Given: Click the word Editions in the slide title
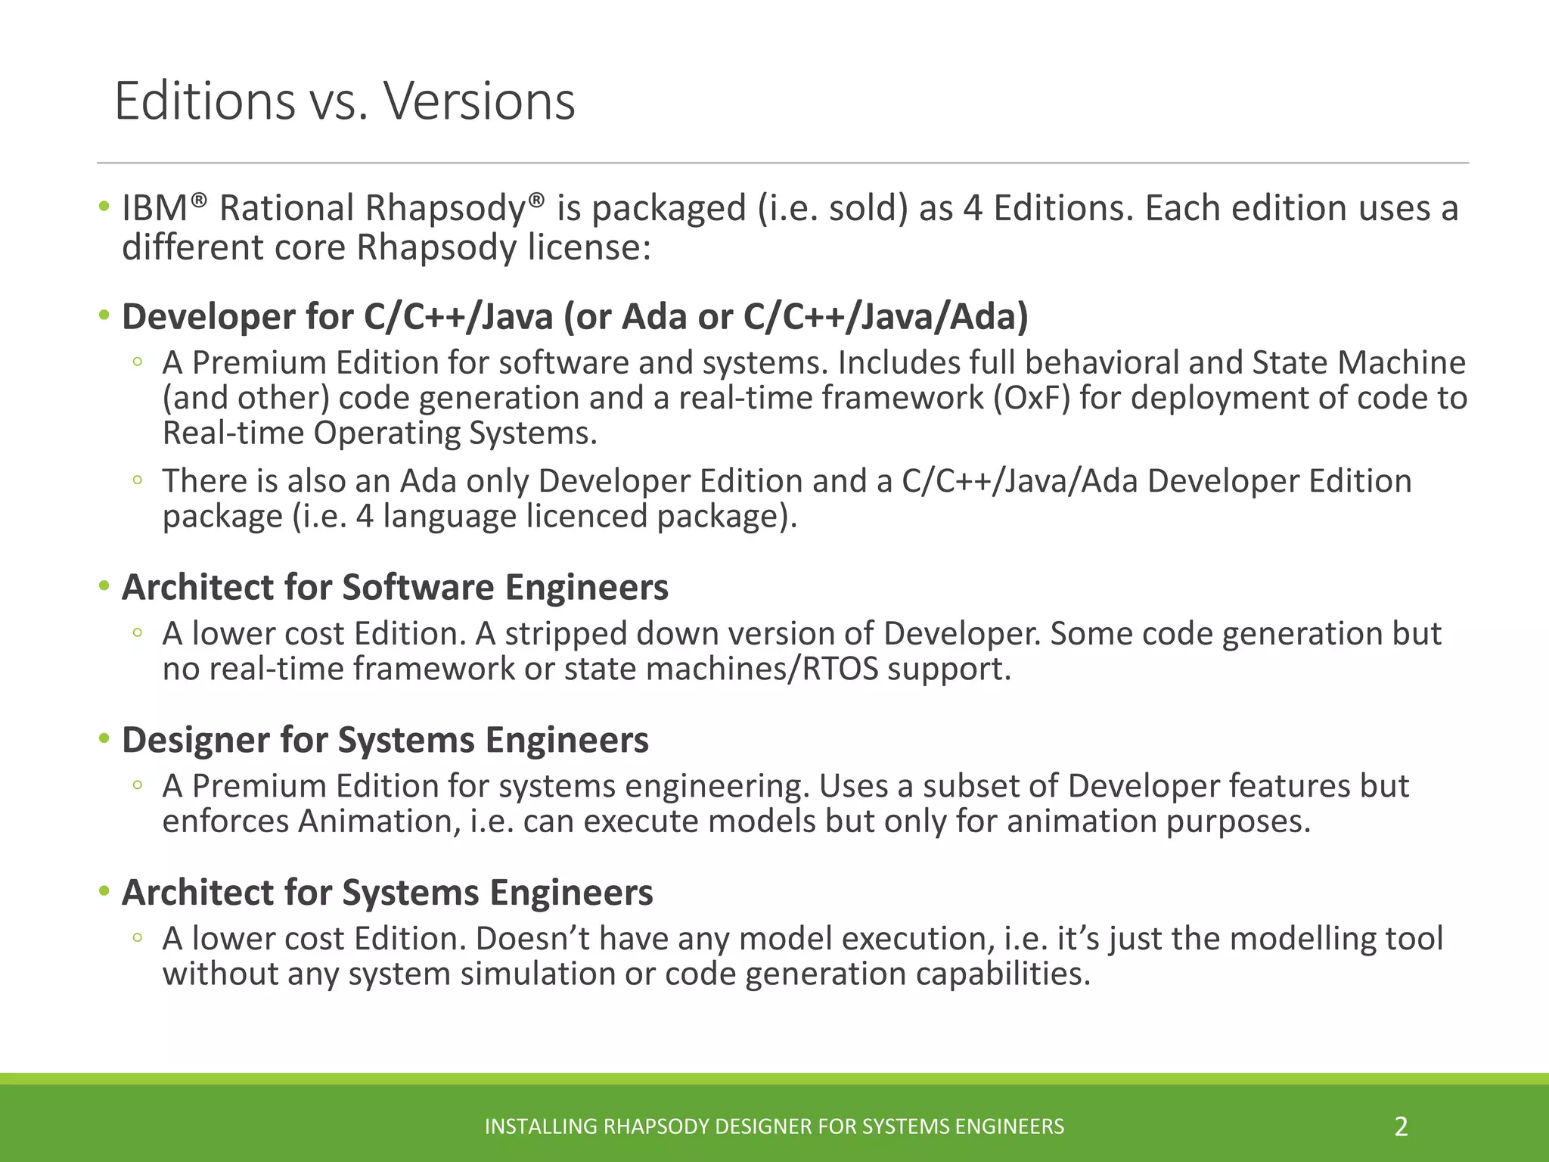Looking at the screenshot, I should (x=204, y=101).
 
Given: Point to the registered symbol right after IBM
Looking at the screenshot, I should (x=198, y=200).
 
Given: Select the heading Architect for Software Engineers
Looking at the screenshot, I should (x=395, y=588).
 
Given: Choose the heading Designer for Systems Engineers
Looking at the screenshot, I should (x=385, y=740).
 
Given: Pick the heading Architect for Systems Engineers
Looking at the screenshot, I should (x=387, y=893).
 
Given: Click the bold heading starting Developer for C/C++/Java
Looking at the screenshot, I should (x=575, y=316).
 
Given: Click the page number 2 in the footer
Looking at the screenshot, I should (x=1401, y=1126).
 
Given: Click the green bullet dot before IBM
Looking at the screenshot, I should (x=104, y=207).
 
